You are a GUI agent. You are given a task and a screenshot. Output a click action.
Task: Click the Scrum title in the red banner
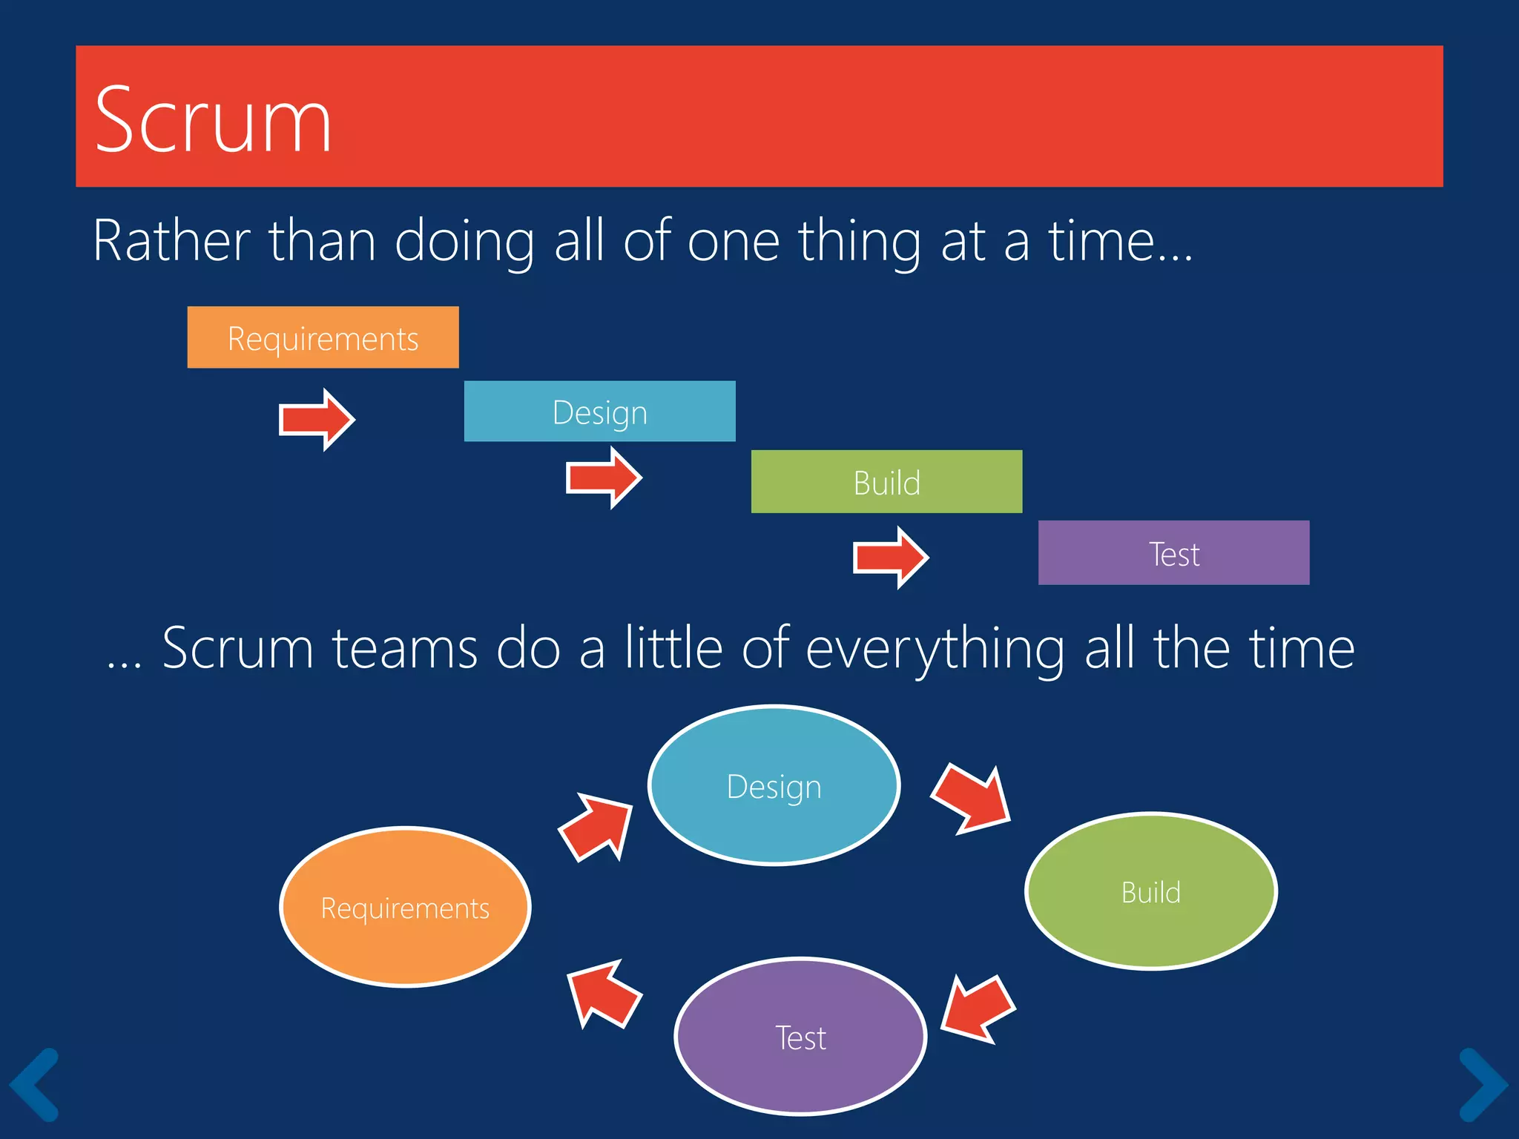213,120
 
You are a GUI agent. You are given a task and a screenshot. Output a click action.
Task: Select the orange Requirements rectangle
323,337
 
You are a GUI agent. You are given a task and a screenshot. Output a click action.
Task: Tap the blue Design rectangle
599,412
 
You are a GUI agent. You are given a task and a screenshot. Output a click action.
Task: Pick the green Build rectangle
886,482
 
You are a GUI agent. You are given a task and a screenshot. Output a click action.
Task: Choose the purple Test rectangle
1173,553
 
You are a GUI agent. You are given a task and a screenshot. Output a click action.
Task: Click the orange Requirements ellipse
405,907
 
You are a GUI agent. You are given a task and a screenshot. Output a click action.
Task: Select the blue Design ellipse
774,785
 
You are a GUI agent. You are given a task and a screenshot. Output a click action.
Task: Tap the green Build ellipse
1150,891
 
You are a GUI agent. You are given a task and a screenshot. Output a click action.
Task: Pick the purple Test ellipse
800,1037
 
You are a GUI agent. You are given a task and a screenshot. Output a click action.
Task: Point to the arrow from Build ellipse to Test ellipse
976,1010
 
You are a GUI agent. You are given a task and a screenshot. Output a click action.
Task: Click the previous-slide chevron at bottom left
34,1084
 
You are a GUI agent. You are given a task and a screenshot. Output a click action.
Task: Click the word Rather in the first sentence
171,241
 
